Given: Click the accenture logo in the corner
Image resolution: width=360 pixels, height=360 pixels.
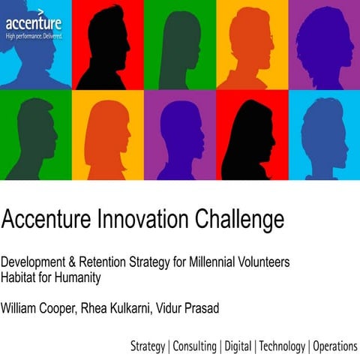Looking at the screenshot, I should click(33, 22).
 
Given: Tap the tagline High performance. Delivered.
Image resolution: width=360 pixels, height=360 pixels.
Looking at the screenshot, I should click(34, 35).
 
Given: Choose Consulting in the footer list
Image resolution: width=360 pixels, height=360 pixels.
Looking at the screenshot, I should click(194, 346).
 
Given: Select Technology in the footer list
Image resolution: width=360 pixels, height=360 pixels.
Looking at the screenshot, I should click(281, 346).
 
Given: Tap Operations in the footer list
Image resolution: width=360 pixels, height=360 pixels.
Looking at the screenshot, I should click(334, 346).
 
